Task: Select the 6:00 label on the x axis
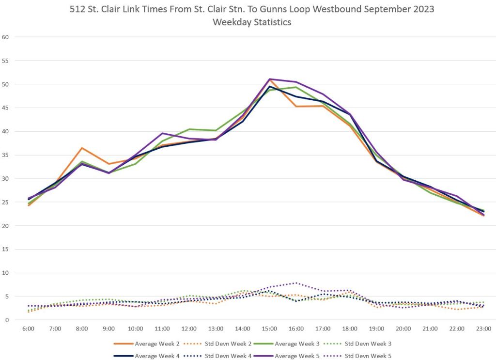point(28,329)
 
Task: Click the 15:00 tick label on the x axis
point(269,329)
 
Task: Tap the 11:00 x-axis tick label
point(162,329)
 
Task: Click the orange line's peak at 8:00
point(82,148)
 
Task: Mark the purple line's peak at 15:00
point(269,79)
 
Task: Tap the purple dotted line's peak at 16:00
point(296,283)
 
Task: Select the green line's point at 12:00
point(189,129)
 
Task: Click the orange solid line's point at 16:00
point(296,106)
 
